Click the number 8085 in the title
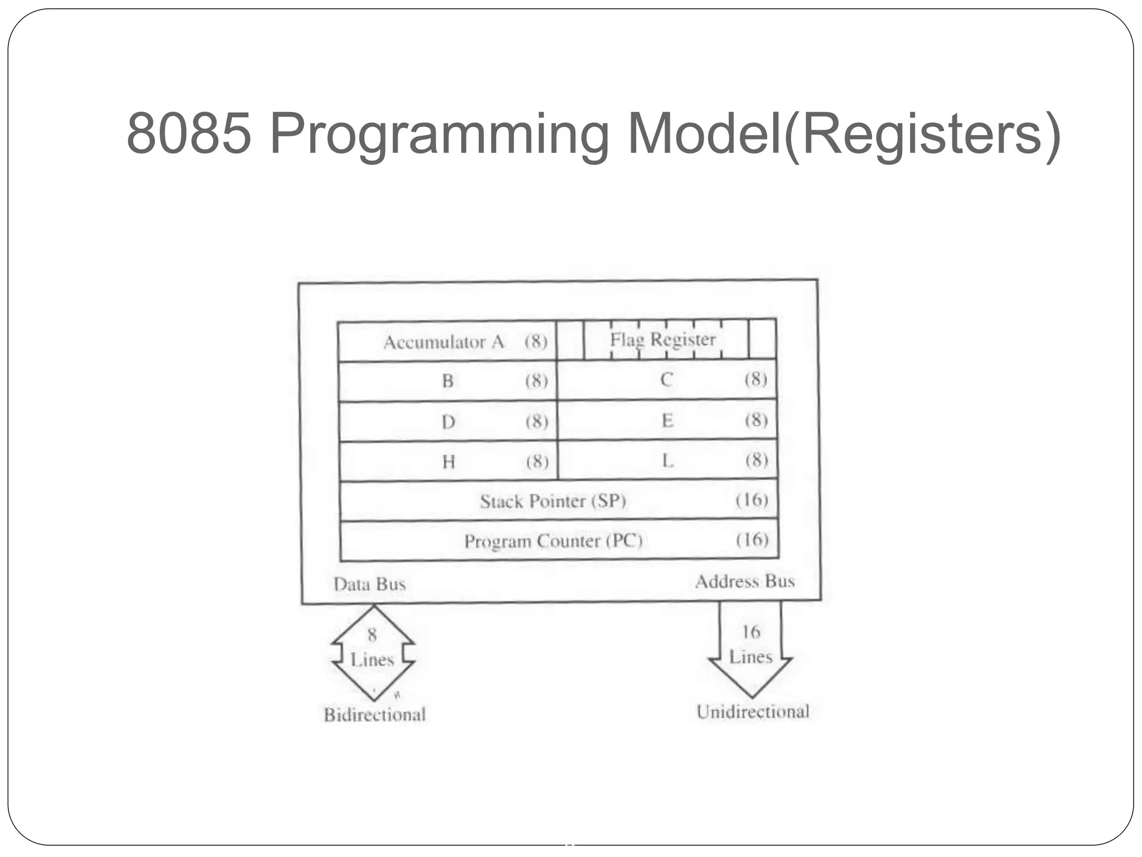click(190, 134)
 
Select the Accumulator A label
click(443, 342)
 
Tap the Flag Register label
click(662, 339)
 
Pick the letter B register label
click(448, 381)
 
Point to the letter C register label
click(666, 380)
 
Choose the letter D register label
click(448, 422)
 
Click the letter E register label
click(667, 420)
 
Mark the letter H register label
click(449, 462)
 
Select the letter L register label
click(668, 461)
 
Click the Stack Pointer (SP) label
click(553, 501)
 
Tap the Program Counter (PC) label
click(553, 541)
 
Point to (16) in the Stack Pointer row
click(752, 500)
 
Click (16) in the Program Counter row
click(752, 540)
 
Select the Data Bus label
click(369, 584)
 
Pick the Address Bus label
click(744, 581)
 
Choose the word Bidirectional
click(375, 715)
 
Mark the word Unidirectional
click(753, 712)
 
